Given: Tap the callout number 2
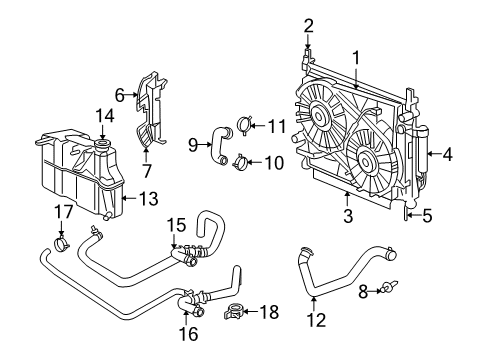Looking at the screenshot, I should click(309, 25).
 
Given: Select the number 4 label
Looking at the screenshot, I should click(448, 154).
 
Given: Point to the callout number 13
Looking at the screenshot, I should click(148, 198).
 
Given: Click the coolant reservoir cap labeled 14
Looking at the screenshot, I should click(102, 147).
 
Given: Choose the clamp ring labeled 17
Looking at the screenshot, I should click(61, 243).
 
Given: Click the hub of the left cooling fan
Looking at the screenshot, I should click(323, 115).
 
